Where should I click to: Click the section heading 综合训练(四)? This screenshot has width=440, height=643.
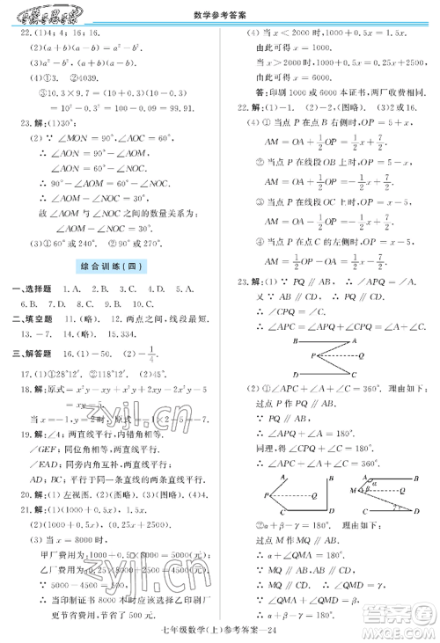click(112, 265)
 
